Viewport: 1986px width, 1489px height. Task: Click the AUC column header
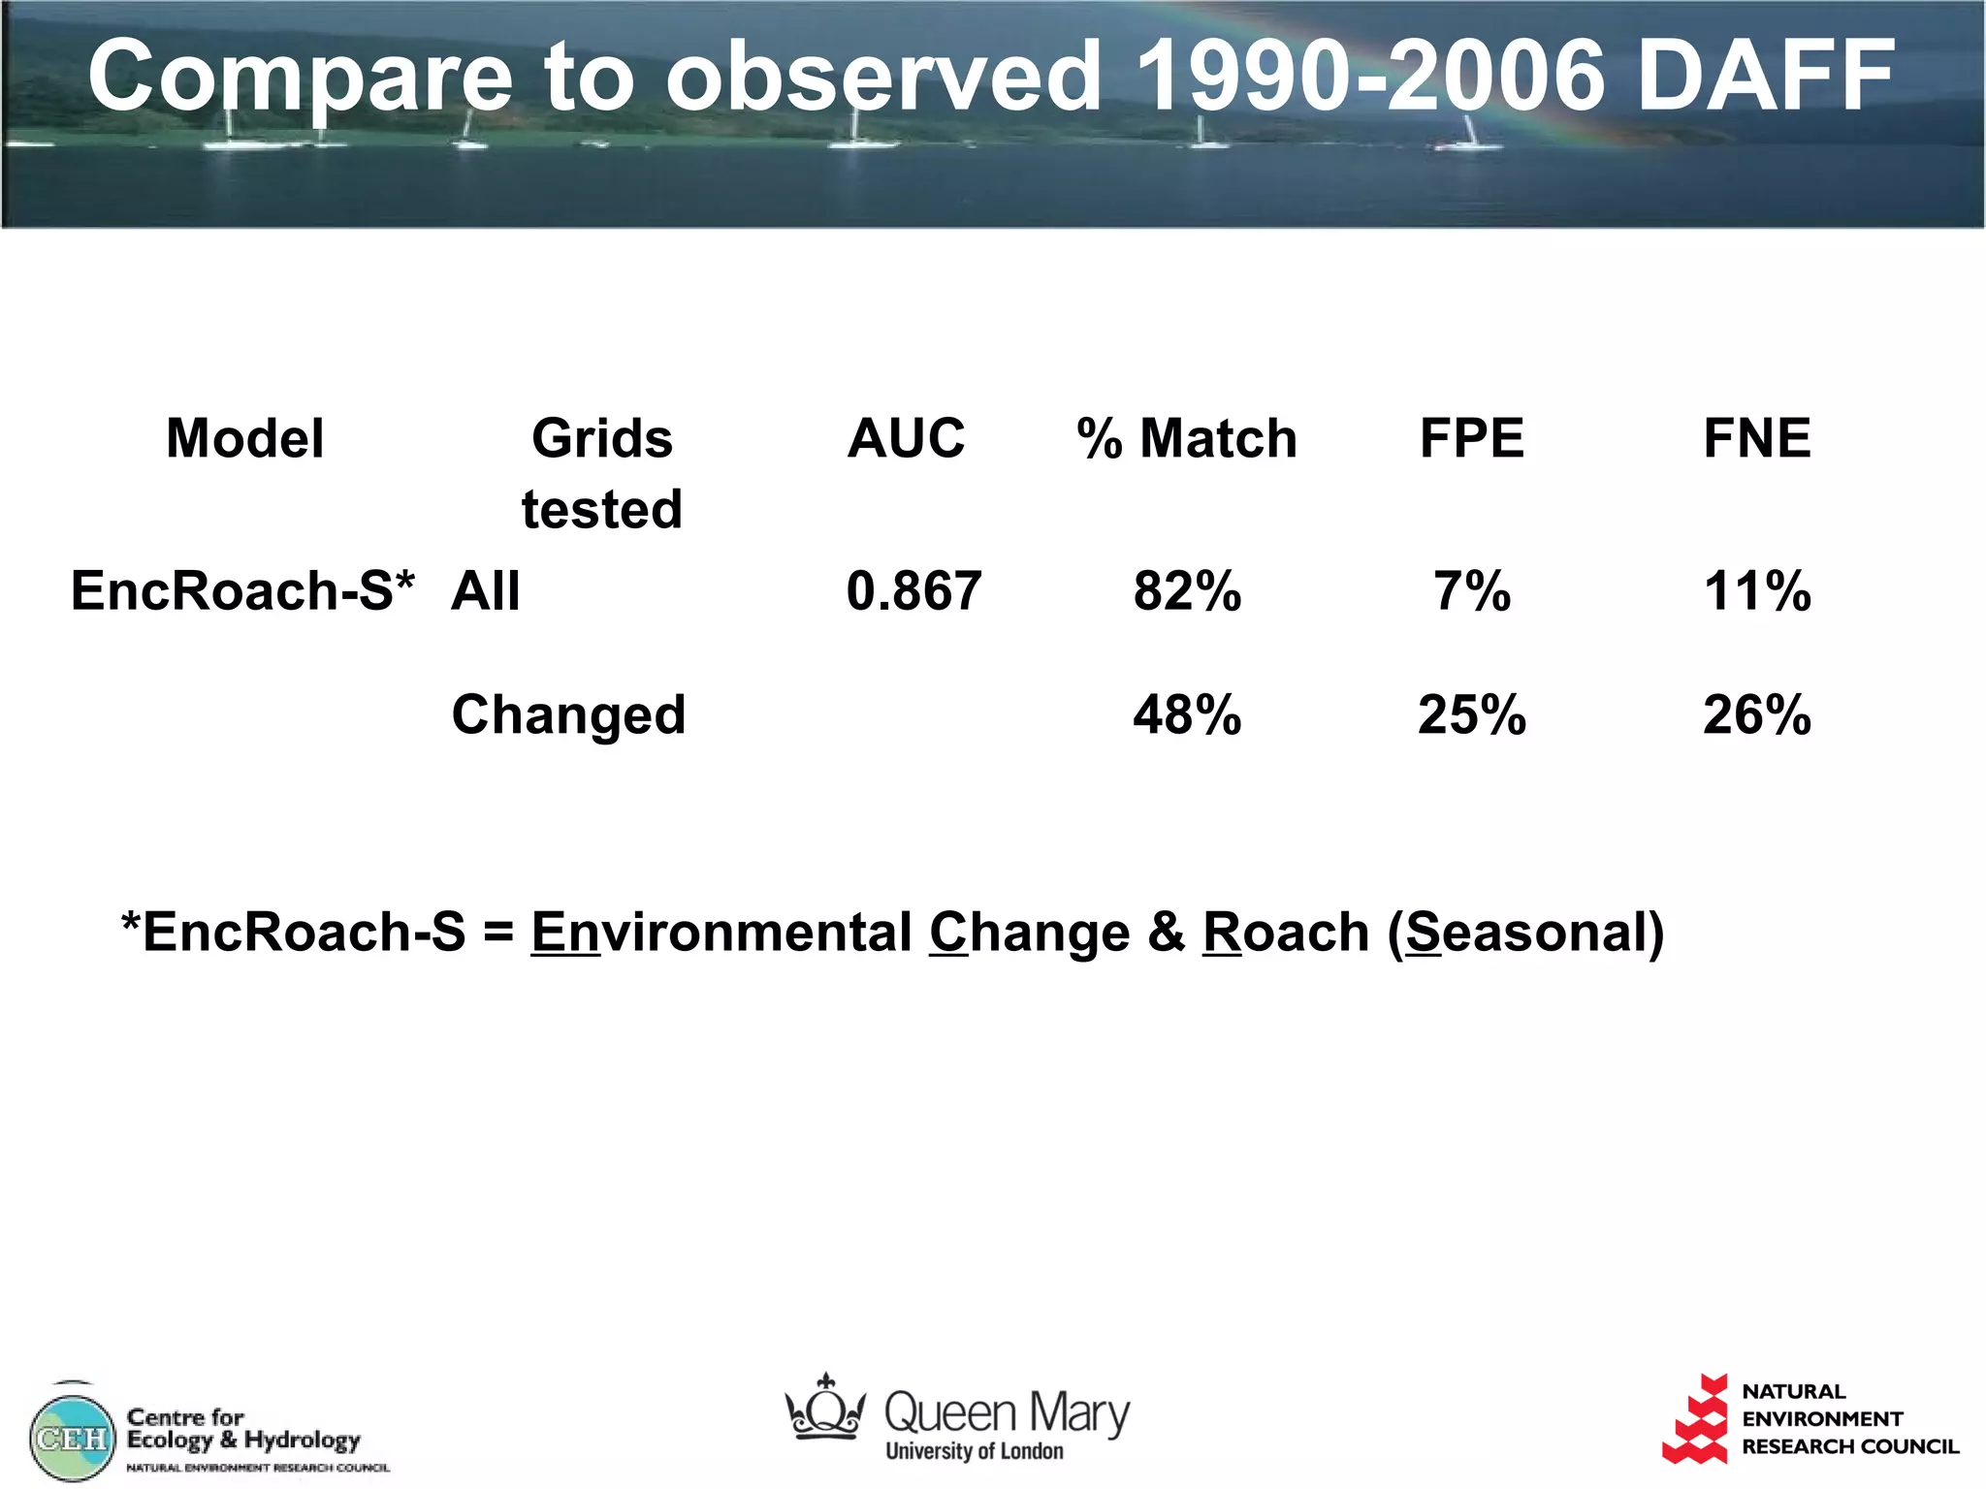906,438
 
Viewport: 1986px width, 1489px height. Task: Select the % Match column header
1186,438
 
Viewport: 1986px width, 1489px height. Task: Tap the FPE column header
1471,438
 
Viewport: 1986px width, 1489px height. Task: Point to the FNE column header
1756,438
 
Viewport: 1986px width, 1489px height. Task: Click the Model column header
244,438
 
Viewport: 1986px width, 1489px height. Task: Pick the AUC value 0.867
913,590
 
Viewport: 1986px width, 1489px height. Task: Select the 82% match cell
1187,590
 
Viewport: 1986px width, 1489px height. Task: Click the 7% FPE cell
1471,590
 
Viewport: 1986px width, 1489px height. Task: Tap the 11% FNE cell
1756,590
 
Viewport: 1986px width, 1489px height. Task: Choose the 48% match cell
1187,714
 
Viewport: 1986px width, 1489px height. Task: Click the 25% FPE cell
1471,714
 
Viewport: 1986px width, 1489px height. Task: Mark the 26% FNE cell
1756,714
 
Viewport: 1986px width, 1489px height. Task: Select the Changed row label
568,714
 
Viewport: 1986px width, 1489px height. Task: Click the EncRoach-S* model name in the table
242,590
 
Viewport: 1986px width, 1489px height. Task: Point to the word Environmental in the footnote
721,933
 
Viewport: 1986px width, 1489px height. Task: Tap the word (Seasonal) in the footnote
1525,933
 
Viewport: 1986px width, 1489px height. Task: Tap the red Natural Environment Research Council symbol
1696,1419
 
